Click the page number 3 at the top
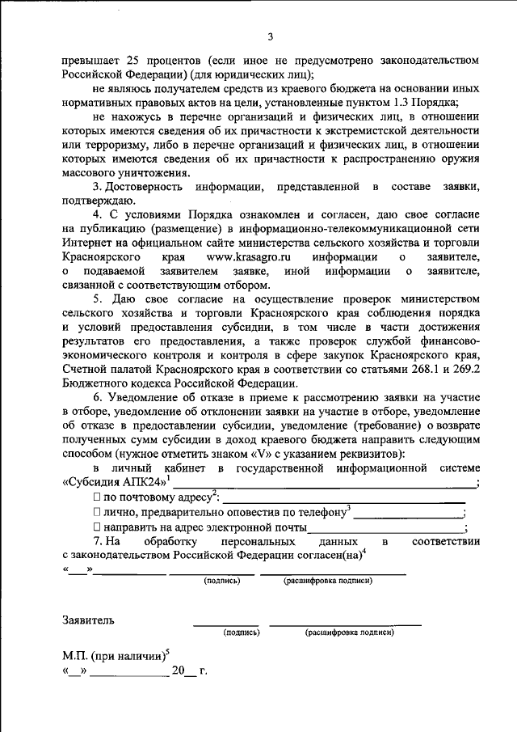click(271, 36)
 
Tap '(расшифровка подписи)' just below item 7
click(328, 581)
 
